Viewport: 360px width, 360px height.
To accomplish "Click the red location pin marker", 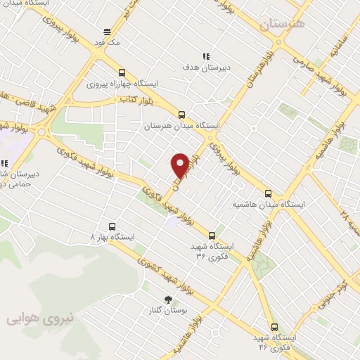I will pyautogui.click(x=180, y=165).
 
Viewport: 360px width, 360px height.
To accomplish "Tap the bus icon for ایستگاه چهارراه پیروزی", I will pyautogui.click(x=122, y=72).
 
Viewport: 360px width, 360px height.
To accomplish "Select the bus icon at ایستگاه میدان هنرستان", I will pyautogui.click(x=182, y=115).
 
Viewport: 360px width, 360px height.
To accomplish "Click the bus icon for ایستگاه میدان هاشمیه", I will pyautogui.click(x=268, y=193).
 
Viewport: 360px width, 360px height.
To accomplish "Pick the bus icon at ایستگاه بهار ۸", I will pyautogui.click(x=112, y=227).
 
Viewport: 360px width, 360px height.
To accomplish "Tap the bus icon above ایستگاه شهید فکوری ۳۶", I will pyautogui.click(x=212, y=235).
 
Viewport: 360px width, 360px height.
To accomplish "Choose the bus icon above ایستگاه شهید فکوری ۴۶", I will pyautogui.click(x=274, y=327).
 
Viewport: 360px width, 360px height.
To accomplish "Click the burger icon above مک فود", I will pyautogui.click(x=107, y=32).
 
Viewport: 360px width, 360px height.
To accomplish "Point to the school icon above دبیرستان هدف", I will pyautogui.click(x=206, y=56).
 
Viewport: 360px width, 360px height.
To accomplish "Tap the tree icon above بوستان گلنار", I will pyautogui.click(x=167, y=299).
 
